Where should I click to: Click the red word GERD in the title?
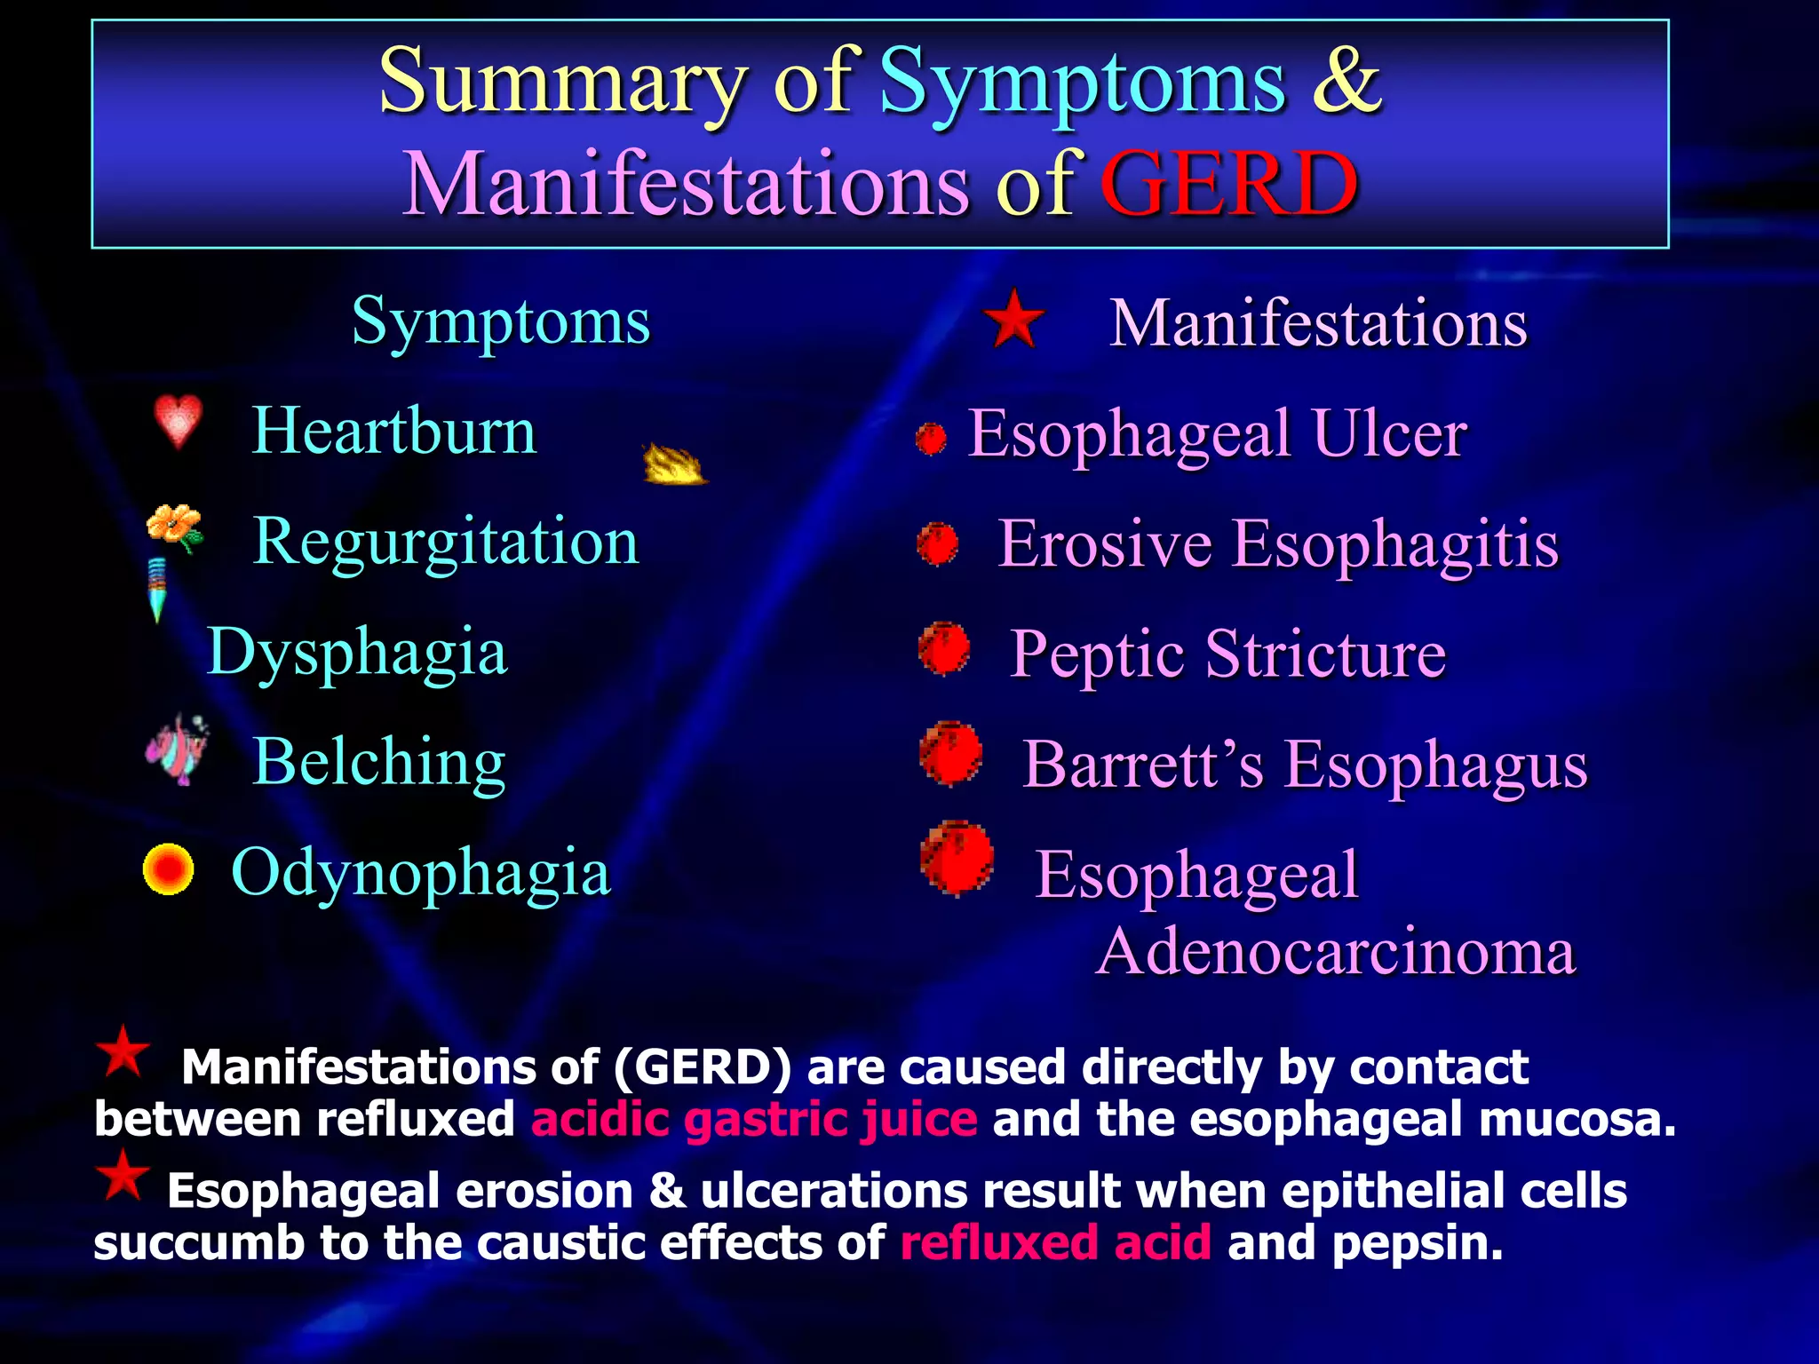[x=1229, y=184]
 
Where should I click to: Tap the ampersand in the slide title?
[x=1346, y=80]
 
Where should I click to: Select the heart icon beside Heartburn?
[x=178, y=421]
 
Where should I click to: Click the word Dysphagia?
[x=357, y=651]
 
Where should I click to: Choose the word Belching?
[x=379, y=761]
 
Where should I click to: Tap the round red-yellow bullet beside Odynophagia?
[x=168, y=868]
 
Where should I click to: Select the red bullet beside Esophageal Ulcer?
[x=931, y=438]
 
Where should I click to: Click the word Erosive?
[x=1105, y=543]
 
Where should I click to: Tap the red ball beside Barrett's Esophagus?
[x=951, y=755]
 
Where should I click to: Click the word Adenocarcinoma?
[x=1336, y=951]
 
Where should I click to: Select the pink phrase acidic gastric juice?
[x=754, y=1119]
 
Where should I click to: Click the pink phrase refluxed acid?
[x=1055, y=1242]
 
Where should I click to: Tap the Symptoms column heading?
[x=501, y=321]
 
